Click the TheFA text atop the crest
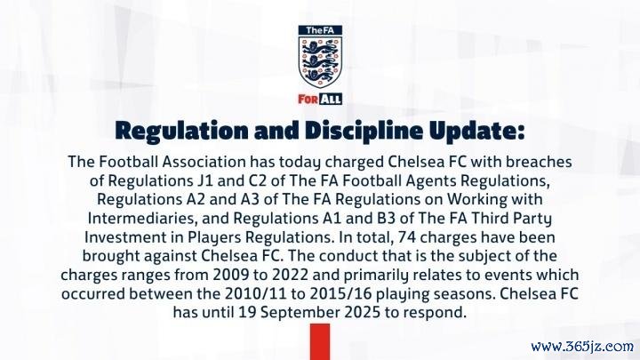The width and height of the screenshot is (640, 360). (320, 30)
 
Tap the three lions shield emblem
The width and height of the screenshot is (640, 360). (320, 61)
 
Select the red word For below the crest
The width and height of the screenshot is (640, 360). (308, 100)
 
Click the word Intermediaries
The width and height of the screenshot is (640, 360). (142, 219)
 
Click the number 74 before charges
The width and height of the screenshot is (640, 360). (407, 237)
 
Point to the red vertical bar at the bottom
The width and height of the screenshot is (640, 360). (320, 342)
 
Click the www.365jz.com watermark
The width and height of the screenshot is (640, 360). (582, 347)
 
